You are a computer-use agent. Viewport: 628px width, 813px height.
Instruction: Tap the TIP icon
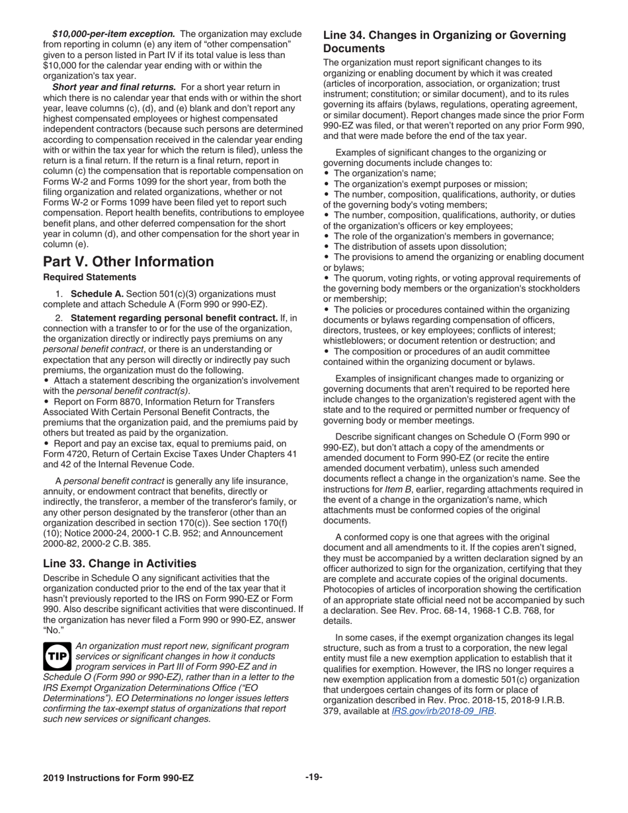point(58,656)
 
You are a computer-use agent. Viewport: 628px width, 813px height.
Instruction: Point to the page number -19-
point(313,777)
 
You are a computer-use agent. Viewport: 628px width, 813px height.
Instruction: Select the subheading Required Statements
point(89,278)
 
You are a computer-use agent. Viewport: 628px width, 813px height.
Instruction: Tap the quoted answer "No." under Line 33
point(54,630)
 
